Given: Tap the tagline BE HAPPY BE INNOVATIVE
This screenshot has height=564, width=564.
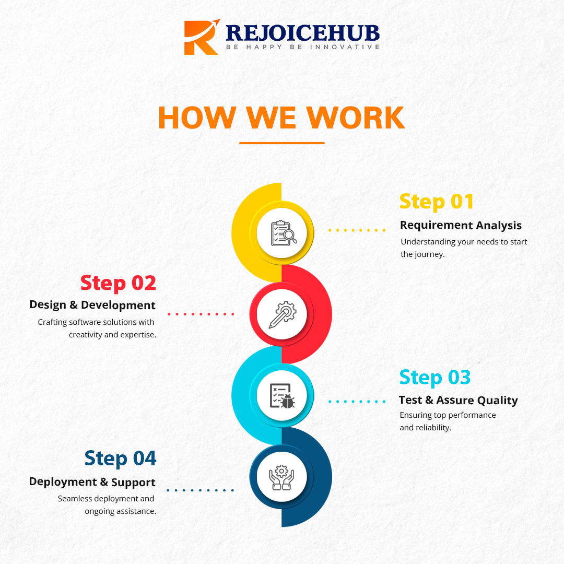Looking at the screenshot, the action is (x=302, y=48).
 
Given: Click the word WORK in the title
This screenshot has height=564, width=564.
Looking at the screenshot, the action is (x=356, y=118).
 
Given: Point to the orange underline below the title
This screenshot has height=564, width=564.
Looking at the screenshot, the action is (x=282, y=143).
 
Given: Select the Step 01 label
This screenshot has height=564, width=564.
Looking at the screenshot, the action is (x=437, y=202).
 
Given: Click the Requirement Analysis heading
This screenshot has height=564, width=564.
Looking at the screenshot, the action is (x=461, y=226).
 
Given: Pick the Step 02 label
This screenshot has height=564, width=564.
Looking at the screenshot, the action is (x=118, y=283).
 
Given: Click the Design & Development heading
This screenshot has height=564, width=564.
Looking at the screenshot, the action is (x=92, y=305).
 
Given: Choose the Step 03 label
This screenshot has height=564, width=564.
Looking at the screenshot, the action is (x=435, y=377).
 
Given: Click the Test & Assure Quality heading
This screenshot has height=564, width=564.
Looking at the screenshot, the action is (x=458, y=401).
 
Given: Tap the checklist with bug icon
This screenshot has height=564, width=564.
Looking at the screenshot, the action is (x=282, y=396).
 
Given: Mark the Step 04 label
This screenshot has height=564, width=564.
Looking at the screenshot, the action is (x=120, y=458).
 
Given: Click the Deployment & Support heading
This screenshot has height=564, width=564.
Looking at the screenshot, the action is (x=92, y=482).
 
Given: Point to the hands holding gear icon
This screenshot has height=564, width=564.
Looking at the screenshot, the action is (x=282, y=477).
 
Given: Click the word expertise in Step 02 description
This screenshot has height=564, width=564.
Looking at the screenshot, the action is (x=138, y=335).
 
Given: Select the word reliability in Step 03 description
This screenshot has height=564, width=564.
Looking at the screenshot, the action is (x=432, y=428).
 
